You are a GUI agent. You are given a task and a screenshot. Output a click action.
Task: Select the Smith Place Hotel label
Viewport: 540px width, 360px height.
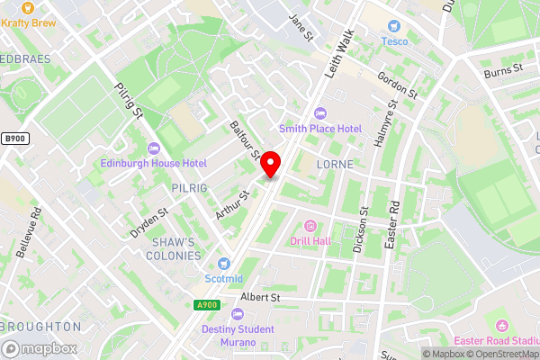coord(319,129)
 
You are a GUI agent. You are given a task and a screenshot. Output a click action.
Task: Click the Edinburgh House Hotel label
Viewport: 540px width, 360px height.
coord(154,163)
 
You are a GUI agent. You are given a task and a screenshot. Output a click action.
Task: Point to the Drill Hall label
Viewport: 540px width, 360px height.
coord(310,240)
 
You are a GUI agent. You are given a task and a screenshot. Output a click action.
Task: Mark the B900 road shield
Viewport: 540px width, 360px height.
coord(13,138)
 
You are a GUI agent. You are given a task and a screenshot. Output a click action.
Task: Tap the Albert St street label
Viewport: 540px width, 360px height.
coord(261,297)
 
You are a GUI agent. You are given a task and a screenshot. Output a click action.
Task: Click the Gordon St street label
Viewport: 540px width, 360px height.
coord(398,85)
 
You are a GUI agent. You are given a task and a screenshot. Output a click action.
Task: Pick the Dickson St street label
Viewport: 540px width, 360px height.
coord(361,229)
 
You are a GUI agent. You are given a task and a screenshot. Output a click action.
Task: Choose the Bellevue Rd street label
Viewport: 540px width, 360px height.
coord(36,229)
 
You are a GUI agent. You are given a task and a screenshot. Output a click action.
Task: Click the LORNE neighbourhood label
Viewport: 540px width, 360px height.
coord(335,166)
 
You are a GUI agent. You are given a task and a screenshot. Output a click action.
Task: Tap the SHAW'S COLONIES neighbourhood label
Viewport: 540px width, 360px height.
coord(175,249)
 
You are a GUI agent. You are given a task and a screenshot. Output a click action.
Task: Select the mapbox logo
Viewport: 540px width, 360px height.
coord(40,348)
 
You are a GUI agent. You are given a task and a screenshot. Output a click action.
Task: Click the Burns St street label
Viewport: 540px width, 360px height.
coord(502,68)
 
